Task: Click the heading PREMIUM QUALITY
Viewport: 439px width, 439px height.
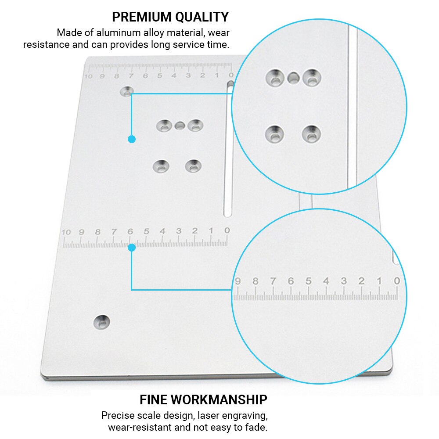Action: coord(170,17)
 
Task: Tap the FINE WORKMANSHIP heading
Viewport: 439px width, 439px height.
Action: coord(203,399)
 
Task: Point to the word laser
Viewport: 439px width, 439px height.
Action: coord(209,415)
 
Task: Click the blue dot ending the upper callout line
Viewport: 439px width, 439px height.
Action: coord(131,139)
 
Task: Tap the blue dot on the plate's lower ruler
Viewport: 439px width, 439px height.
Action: coord(131,248)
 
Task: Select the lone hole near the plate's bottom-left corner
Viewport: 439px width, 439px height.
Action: coord(102,322)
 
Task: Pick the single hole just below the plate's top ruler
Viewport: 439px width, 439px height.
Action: coord(127,92)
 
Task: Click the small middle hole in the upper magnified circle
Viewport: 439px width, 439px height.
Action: coord(293,78)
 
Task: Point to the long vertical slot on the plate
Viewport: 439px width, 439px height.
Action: coord(228,149)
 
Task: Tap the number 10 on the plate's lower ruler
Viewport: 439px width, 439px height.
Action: coord(66,232)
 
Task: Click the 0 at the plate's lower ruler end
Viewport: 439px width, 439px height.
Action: coord(227,230)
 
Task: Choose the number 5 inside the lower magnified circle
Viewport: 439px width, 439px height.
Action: coord(309,281)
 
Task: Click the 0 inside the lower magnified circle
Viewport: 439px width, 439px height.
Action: coord(397,281)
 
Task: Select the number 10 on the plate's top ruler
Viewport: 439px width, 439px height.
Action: coord(89,76)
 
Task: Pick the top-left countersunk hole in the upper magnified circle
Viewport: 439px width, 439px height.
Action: coord(275,78)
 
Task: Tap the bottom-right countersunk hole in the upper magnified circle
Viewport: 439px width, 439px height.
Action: coord(311,133)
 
